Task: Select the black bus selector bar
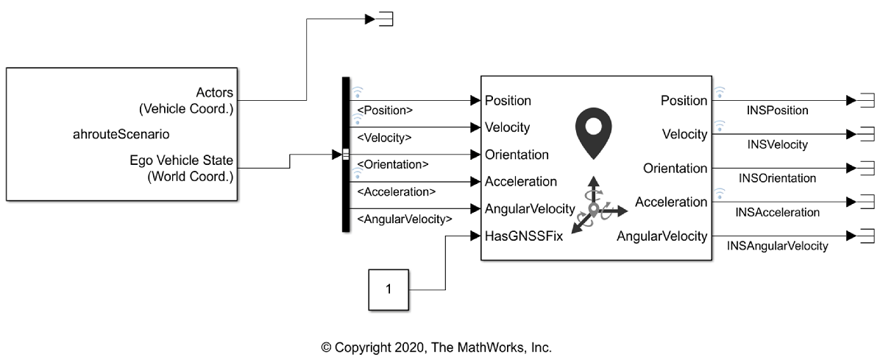point(346,154)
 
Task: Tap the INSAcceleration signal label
point(777,212)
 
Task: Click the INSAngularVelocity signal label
point(777,246)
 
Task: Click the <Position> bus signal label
point(384,111)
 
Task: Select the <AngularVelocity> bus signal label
point(403,219)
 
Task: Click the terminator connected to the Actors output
point(384,19)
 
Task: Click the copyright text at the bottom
point(436,347)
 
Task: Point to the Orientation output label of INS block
point(675,168)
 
